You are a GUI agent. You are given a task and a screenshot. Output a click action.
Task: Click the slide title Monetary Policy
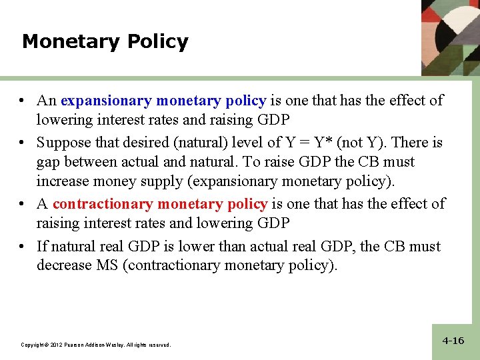point(105,42)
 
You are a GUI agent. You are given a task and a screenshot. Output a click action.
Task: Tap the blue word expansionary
point(106,101)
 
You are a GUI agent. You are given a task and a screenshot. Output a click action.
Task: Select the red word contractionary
point(103,204)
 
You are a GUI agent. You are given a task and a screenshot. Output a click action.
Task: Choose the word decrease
point(62,265)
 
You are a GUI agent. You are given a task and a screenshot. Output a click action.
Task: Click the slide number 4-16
point(453,341)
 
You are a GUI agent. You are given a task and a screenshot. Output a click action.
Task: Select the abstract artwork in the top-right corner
point(451,37)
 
